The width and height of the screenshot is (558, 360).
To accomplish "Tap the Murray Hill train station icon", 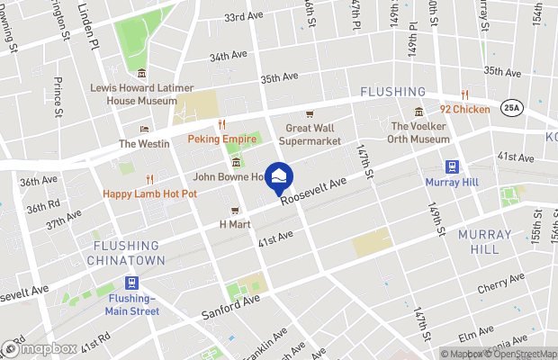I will (x=451, y=166).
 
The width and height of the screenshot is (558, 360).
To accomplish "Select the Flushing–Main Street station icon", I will (x=132, y=283).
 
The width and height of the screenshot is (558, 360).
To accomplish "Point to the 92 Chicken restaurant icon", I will (x=464, y=94).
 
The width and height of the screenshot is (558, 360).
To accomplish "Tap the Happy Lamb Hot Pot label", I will (x=150, y=193).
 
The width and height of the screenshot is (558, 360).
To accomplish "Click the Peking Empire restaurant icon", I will (x=221, y=125).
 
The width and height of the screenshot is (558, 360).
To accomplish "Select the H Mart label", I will (x=234, y=224).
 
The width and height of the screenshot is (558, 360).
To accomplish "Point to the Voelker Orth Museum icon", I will (x=418, y=112).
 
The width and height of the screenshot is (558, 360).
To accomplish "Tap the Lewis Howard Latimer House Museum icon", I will (x=142, y=73).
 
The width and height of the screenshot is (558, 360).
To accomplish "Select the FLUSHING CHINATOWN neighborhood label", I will (x=126, y=252).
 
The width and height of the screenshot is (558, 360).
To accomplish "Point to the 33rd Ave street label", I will (x=241, y=18).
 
